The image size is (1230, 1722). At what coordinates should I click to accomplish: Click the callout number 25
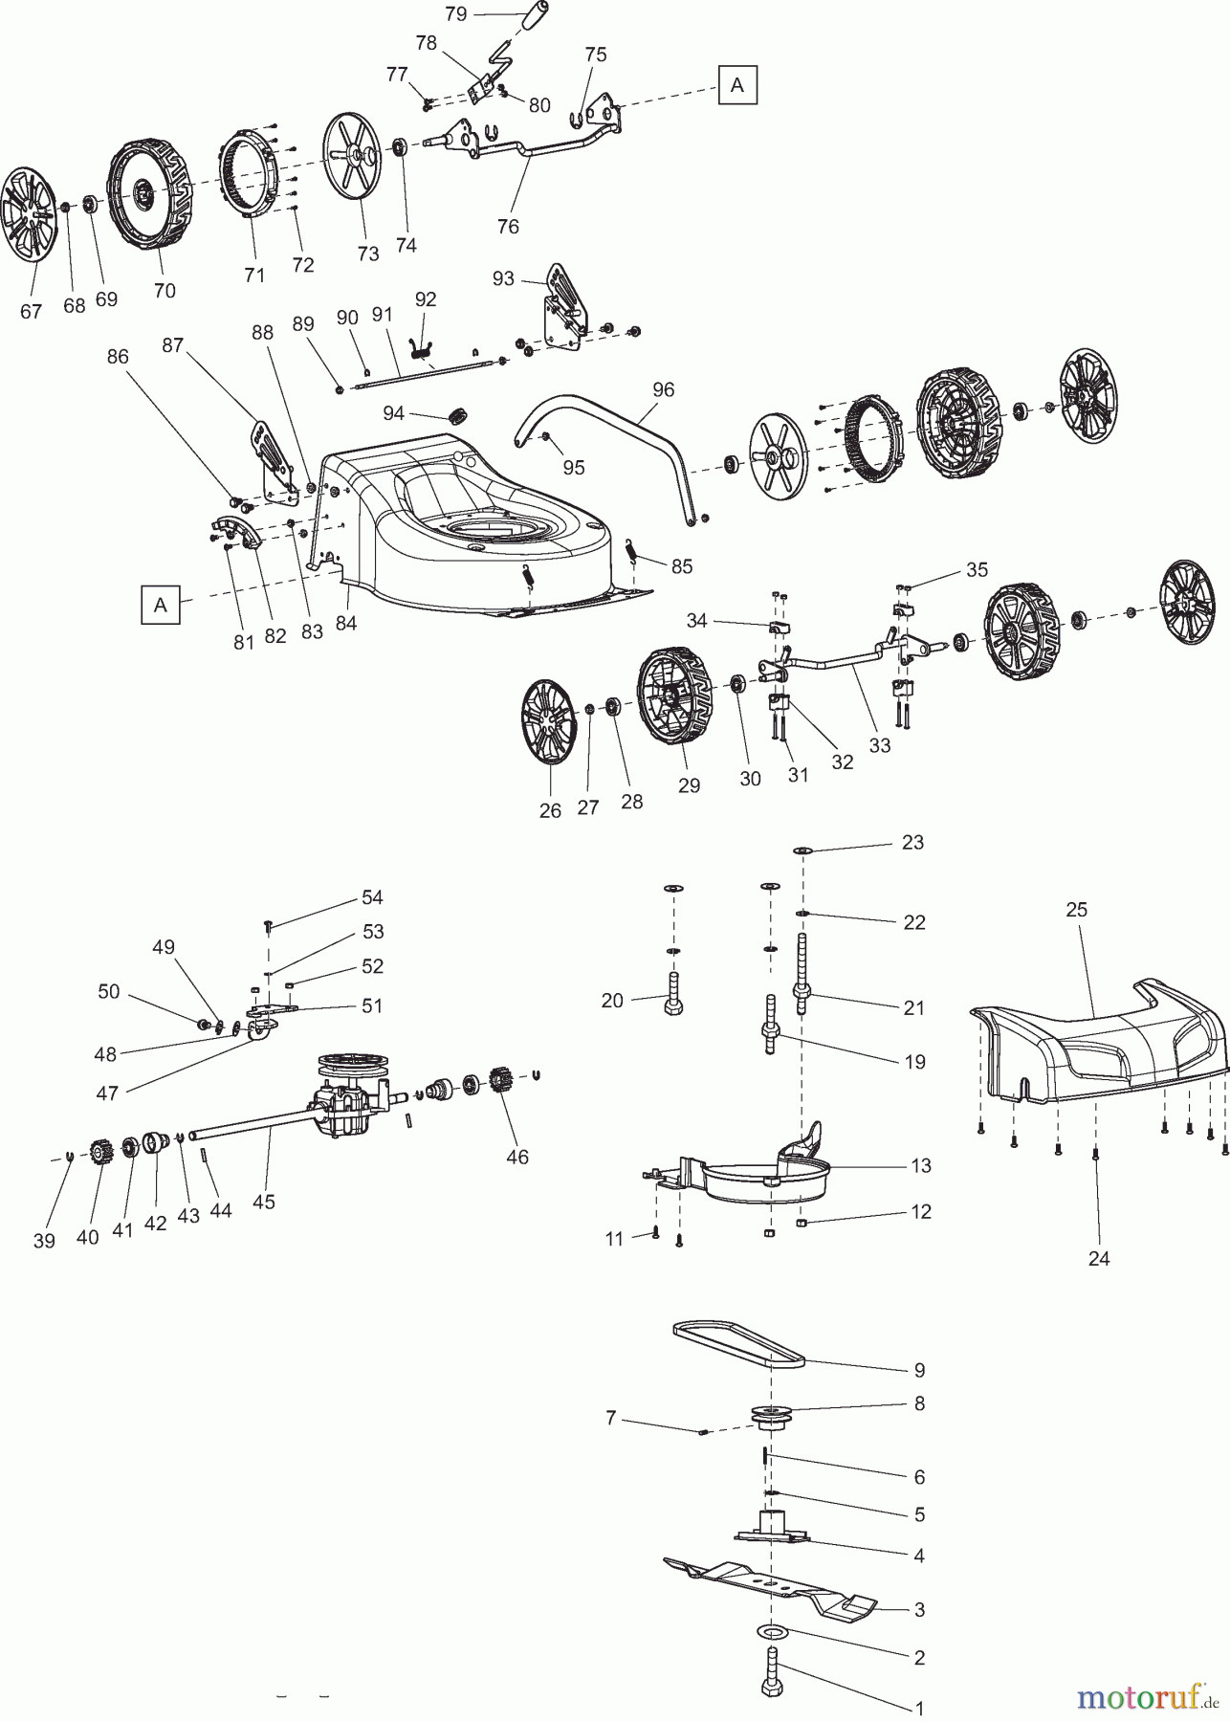tap(1076, 909)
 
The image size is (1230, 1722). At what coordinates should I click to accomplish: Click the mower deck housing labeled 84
tap(478, 536)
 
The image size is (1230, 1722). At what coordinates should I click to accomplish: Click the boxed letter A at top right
tap(736, 84)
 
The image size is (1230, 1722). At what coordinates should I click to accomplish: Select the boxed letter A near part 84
tap(160, 606)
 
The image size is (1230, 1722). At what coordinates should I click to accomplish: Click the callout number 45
tap(263, 1201)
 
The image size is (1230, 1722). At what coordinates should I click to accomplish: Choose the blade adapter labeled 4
tap(771, 1529)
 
